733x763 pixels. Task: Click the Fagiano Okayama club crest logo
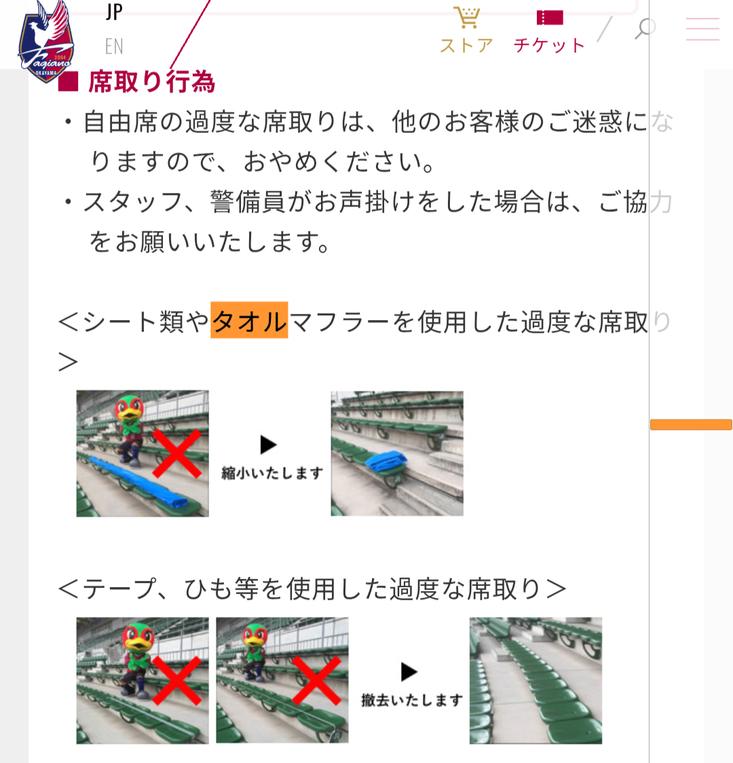click(x=45, y=42)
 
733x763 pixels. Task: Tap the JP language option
click(x=114, y=12)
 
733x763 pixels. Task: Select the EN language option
click(x=114, y=47)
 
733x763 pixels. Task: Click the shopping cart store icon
click(x=467, y=17)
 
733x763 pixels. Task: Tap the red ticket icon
click(x=550, y=18)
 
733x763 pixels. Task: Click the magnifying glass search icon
click(x=645, y=29)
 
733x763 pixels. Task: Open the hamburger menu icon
click(x=702, y=29)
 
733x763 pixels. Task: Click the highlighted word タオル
click(x=249, y=321)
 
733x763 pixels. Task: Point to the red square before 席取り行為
click(x=68, y=82)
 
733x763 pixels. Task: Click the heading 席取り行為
click(x=151, y=82)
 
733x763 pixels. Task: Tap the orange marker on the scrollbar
click(x=691, y=425)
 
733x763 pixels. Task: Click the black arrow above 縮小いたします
click(x=268, y=444)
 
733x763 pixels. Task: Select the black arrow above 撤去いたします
click(x=409, y=671)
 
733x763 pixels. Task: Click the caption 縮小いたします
click(x=272, y=472)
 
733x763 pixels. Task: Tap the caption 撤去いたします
click(x=412, y=700)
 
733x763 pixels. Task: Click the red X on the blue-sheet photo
click(x=176, y=453)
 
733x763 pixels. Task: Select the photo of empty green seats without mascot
click(x=535, y=680)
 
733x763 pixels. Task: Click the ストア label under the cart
click(x=467, y=46)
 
